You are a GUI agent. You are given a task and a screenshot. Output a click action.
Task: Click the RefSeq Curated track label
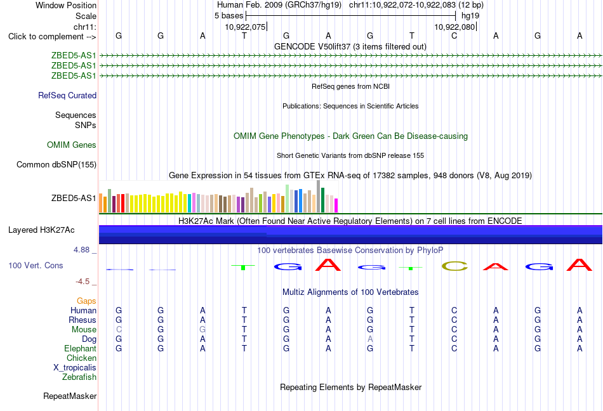tap(67, 95)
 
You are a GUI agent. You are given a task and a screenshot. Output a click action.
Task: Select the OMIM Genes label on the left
tap(72, 145)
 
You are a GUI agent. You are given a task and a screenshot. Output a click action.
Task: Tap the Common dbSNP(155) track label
tap(56, 164)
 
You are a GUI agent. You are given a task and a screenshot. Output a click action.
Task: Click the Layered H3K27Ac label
tap(41, 230)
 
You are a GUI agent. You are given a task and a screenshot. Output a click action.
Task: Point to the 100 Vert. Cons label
tap(36, 265)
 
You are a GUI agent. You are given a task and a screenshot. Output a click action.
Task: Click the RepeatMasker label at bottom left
tap(70, 396)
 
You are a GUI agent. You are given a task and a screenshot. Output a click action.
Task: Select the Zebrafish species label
tap(79, 377)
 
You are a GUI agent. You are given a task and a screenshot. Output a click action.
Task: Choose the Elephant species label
tap(81, 348)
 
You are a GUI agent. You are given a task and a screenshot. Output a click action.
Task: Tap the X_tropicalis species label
tap(75, 368)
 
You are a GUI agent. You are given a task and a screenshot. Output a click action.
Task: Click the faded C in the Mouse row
tap(119, 330)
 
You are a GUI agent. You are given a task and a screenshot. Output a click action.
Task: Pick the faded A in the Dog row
tap(370, 339)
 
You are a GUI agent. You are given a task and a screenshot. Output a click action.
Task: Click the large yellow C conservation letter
tap(454, 266)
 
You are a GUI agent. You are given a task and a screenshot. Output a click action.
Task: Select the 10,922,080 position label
tap(454, 27)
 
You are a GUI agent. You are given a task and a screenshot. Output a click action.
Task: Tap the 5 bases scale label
tap(229, 16)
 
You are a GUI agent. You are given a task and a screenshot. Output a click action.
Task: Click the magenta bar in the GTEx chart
tap(336, 205)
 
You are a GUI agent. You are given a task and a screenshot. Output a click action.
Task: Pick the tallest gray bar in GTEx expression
tap(319, 196)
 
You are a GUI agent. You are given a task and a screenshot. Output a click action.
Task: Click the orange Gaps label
tap(86, 301)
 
